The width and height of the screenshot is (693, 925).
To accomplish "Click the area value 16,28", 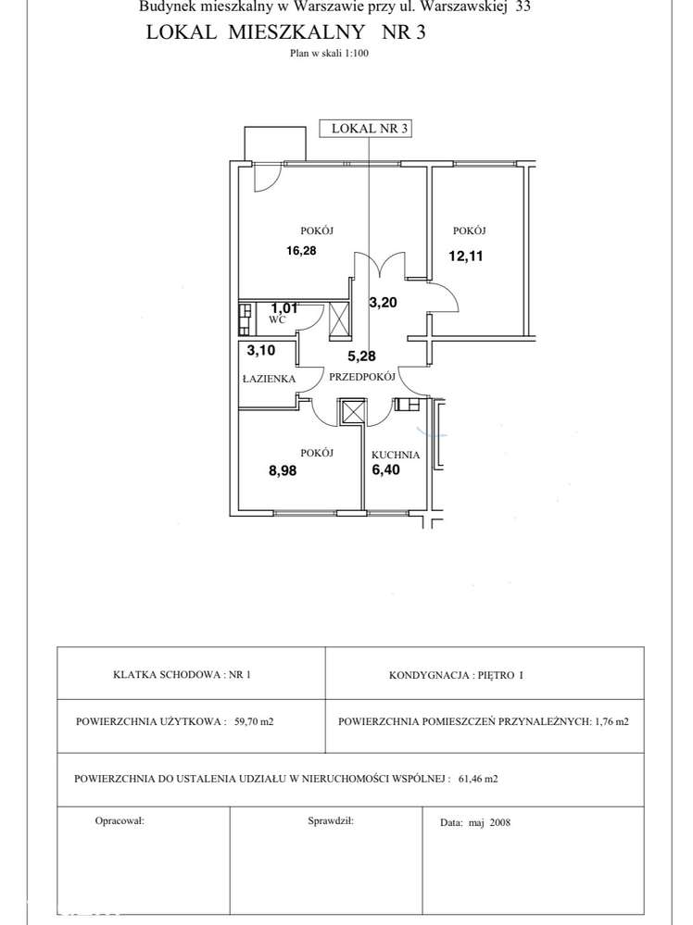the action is click(x=301, y=251).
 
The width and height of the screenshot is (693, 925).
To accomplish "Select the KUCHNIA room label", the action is click(x=396, y=455).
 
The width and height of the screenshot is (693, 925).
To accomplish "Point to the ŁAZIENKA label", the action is click(x=270, y=378).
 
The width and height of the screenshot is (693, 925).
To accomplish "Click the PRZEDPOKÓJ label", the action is click(x=362, y=376).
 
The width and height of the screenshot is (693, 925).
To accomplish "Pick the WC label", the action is click(x=277, y=319).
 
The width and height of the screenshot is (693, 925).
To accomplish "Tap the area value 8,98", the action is click(x=283, y=470).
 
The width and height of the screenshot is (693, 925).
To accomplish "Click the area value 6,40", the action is click(x=385, y=470).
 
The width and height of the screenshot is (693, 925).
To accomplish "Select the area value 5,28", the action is click(x=362, y=356).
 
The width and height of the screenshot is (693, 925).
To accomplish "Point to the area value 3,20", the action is click(x=384, y=303).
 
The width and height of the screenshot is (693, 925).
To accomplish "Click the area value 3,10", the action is click(x=261, y=350).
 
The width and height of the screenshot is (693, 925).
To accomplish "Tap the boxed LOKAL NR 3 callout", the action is click(x=365, y=129).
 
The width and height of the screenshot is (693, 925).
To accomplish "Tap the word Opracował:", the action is click(x=120, y=820).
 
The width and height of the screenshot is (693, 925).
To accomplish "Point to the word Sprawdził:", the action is click(x=331, y=820).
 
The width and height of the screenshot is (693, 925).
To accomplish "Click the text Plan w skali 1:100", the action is click(x=330, y=53).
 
